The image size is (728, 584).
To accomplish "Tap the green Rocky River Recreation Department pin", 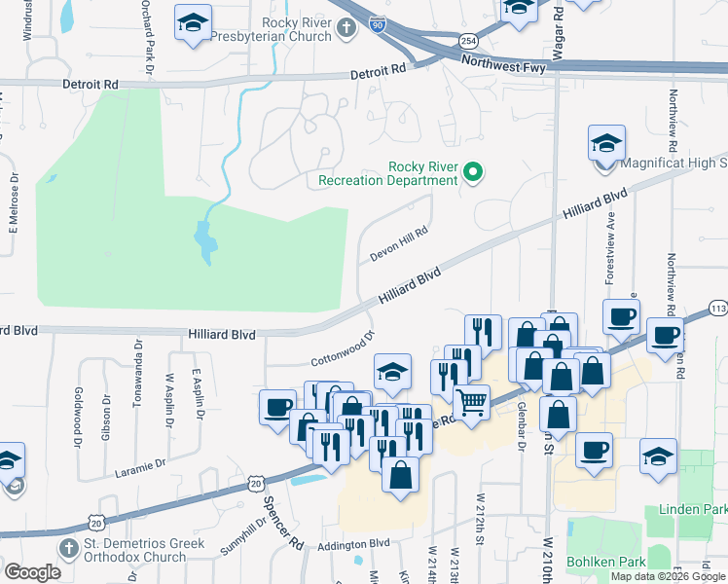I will (x=473, y=173).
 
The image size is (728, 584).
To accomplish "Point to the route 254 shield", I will (x=468, y=40).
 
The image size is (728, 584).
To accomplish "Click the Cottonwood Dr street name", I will (x=344, y=347).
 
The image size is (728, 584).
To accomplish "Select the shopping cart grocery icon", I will (x=472, y=401).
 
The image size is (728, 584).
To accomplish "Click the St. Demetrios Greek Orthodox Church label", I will (x=134, y=550).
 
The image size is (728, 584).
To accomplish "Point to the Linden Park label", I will (x=692, y=509).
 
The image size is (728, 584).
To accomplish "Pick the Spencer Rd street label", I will (x=276, y=526).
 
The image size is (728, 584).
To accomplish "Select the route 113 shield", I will (x=718, y=309).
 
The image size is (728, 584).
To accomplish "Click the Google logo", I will (x=33, y=571).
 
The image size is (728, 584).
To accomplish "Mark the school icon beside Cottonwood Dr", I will (x=391, y=373).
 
